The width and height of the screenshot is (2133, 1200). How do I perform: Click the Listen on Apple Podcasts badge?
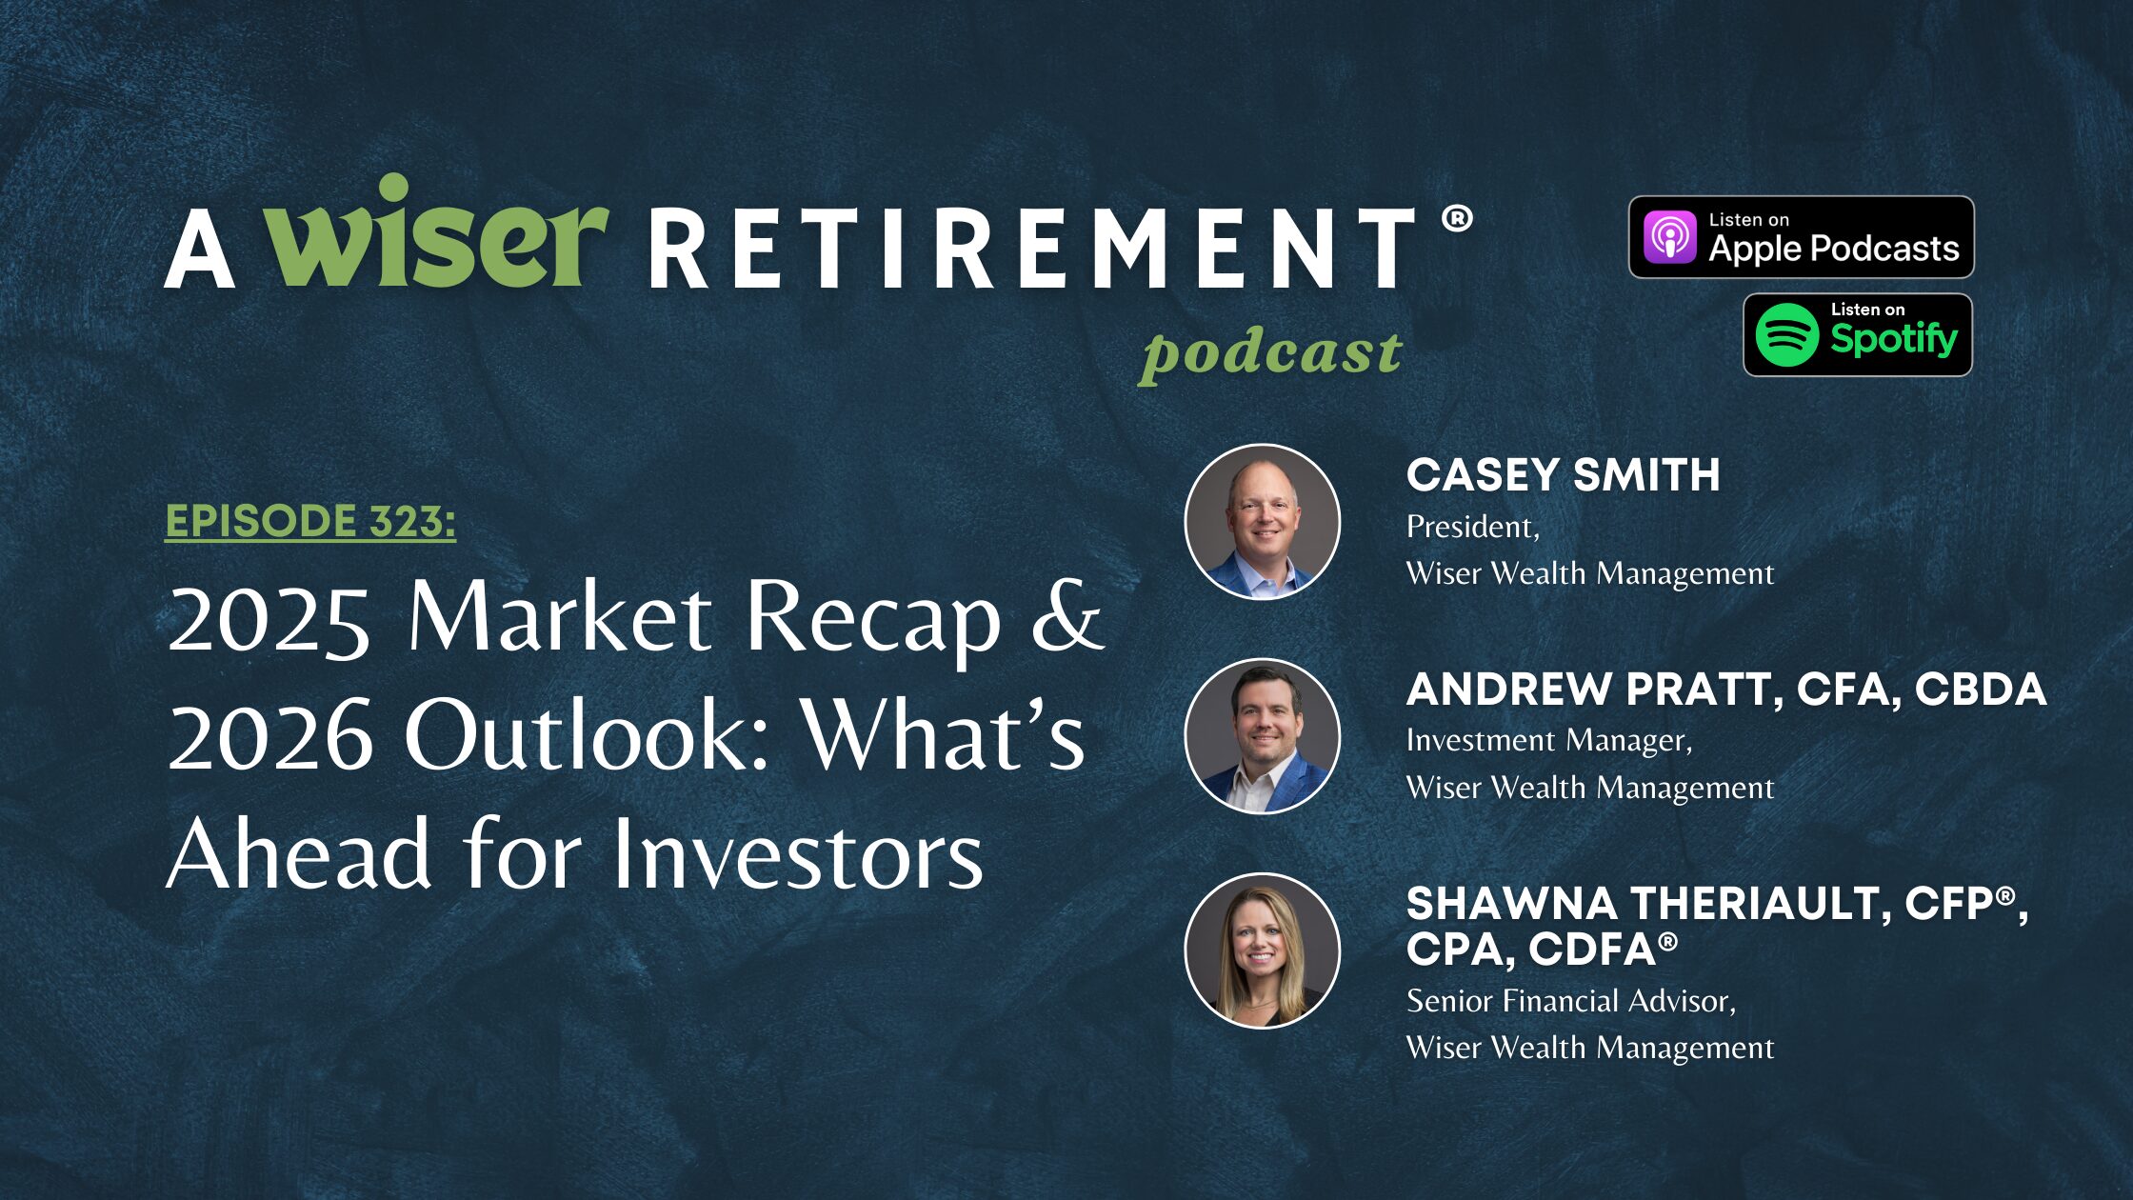[x=1801, y=237]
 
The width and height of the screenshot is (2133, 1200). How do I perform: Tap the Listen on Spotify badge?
[x=1857, y=335]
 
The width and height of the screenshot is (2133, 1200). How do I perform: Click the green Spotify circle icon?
[x=1786, y=335]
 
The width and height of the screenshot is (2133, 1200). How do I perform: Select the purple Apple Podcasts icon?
[x=1670, y=237]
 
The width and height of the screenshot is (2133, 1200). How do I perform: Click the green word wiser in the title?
[x=435, y=234]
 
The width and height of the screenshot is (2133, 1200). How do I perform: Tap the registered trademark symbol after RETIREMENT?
[x=1457, y=219]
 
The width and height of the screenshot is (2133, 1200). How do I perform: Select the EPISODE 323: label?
[x=310, y=521]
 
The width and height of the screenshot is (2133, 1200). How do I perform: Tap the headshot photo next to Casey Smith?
[x=1262, y=522]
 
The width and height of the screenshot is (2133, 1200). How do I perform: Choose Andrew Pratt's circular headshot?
[x=1262, y=736]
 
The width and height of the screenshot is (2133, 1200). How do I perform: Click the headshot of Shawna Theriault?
[x=1262, y=950]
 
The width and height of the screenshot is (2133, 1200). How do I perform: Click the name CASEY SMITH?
[x=1563, y=475]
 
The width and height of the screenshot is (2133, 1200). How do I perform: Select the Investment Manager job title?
[x=1548, y=741]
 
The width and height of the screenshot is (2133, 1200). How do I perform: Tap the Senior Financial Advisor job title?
[x=1570, y=1001]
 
